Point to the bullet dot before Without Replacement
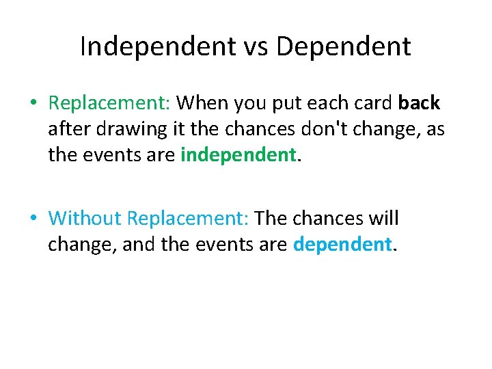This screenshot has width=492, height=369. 33,219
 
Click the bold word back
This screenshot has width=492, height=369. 420,103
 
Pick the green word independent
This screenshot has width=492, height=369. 238,155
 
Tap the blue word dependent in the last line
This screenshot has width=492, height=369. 342,244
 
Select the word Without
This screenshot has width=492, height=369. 85,219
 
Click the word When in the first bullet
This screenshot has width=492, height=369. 202,103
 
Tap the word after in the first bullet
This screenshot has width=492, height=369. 66,129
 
